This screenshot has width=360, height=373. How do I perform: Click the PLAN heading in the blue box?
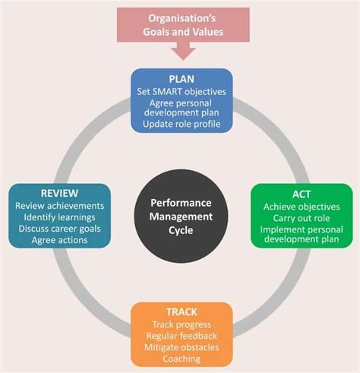point(182,78)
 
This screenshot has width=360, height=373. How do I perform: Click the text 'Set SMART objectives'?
point(182,91)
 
